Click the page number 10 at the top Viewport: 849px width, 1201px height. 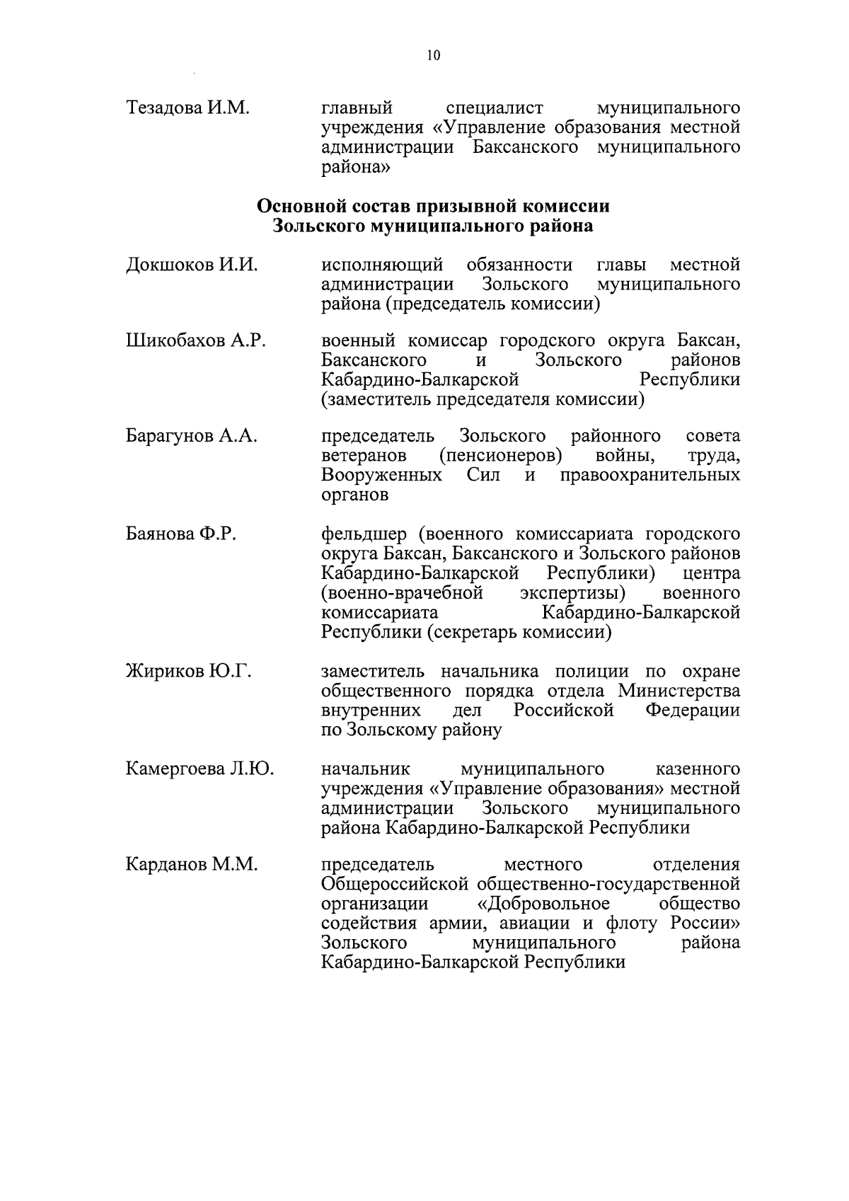434,56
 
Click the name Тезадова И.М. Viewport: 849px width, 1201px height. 187,108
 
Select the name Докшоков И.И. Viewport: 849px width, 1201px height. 191,265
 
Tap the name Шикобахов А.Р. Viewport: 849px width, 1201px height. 196,341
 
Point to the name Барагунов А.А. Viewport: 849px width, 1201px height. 191,436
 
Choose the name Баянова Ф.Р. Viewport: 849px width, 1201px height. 180,533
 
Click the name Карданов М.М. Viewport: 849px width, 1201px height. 191,865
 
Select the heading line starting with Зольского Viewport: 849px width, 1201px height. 433,226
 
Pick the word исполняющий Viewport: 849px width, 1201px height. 382,265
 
